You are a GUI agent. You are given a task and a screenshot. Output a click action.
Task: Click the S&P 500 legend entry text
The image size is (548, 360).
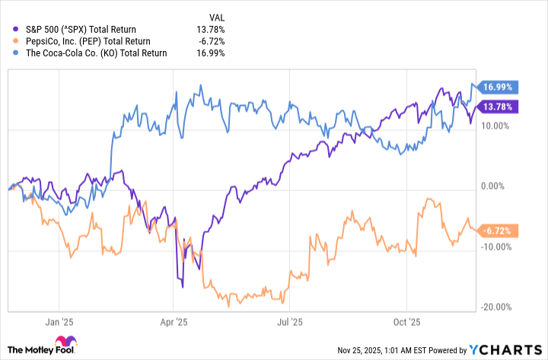(75, 29)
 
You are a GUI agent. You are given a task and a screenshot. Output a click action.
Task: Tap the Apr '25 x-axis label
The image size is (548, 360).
(174, 322)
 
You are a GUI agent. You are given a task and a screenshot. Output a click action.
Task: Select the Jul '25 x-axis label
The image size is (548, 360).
(290, 322)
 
